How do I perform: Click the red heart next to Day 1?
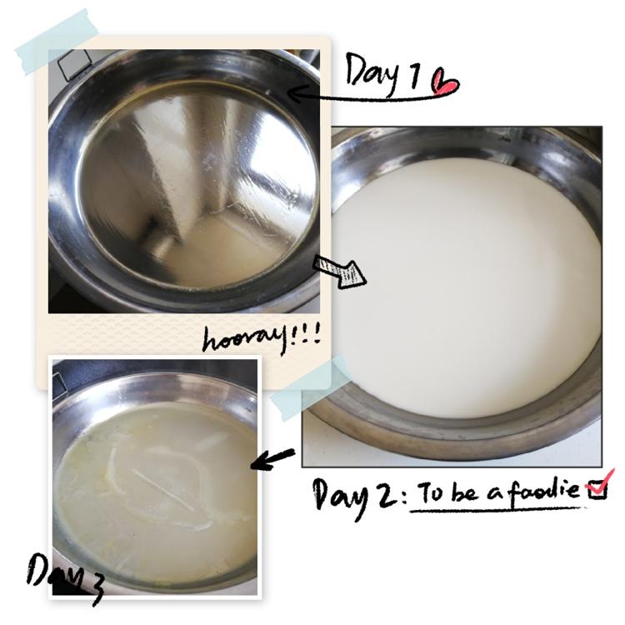444,82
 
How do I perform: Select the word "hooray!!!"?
262,339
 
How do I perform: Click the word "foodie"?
545,489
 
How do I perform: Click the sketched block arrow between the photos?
339,271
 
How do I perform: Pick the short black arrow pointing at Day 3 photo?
272,459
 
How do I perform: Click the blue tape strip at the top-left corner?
57,42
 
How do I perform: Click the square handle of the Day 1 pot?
74,64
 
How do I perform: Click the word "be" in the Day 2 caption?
465,492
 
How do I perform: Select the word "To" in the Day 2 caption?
432,492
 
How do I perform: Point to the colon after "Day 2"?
404,498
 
